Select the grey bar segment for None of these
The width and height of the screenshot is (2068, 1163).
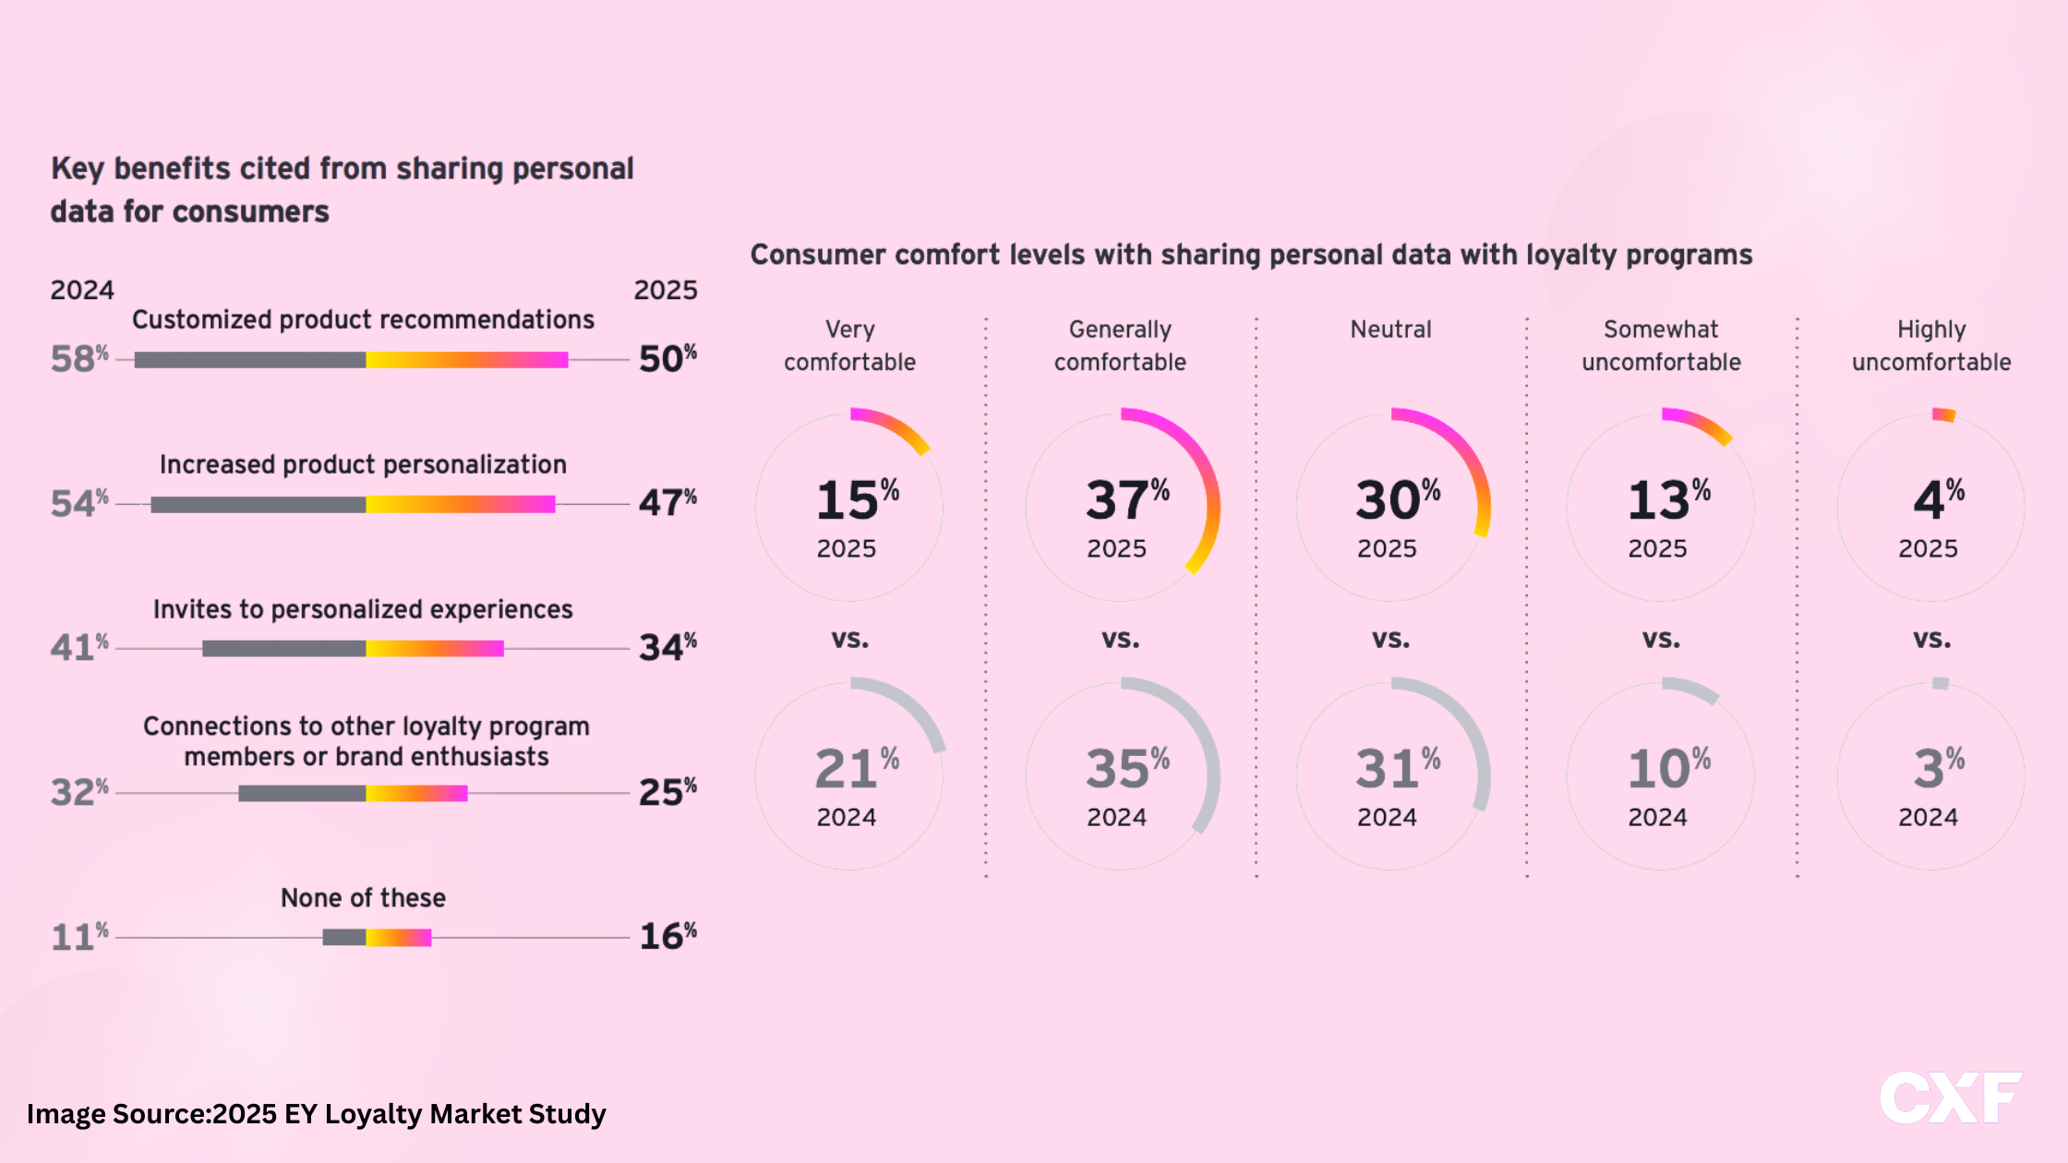click(x=344, y=938)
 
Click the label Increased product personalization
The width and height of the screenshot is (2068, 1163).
click(x=363, y=464)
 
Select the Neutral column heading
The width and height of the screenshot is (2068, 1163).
click(x=1390, y=330)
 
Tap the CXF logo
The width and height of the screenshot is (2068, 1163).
click(x=1951, y=1098)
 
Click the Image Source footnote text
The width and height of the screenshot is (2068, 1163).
click(x=317, y=1114)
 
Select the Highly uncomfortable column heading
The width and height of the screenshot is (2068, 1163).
click(x=1931, y=345)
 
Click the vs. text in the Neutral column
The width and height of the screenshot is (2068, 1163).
click(x=1390, y=639)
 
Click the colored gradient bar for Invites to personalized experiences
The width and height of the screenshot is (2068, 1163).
click(x=435, y=649)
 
